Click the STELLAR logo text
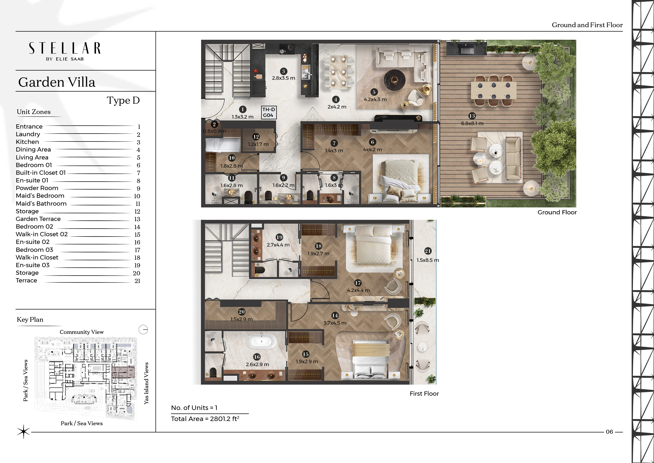pos(65,48)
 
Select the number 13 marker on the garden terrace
pos(472,116)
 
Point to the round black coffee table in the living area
pos(395,80)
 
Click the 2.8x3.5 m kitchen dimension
pos(283,78)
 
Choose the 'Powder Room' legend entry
pos(37,188)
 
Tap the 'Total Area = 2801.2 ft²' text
pos(205,419)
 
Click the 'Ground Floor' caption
pos(557,212)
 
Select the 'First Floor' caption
pos(424,394)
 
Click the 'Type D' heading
pos(123,100)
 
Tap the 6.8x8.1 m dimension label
pos(472,124)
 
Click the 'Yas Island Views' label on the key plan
pos(146,383)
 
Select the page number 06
pos(609,432)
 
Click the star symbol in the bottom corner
pos(23,432)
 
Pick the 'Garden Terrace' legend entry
pos(38,219)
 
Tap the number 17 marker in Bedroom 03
pos(358,283)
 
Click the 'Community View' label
pos(82,332)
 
